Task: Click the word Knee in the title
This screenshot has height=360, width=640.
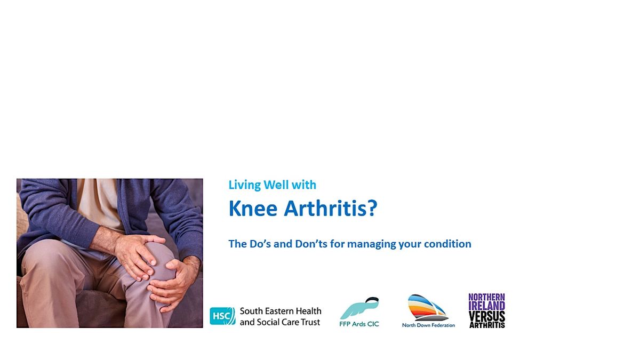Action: (x=253, y=209)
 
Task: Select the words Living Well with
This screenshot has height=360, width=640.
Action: (x=272, y=185)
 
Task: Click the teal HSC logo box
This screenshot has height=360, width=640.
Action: (x=222, y=316)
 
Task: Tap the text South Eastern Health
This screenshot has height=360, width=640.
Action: (x=281, y=311)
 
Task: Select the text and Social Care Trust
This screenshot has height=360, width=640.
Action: (x=280, y=322)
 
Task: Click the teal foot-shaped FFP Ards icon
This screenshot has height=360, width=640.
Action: (x=360, y=308)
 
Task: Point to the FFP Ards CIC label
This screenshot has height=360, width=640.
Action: (x=359, y=324)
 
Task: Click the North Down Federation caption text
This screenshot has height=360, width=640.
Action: (x=428, y=325)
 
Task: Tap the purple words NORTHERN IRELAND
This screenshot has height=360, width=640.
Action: (x=486, y=301)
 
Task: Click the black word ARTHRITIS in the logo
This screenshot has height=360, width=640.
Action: (x=487, y=324)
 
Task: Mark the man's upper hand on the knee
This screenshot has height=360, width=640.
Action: (x=137, y=255)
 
